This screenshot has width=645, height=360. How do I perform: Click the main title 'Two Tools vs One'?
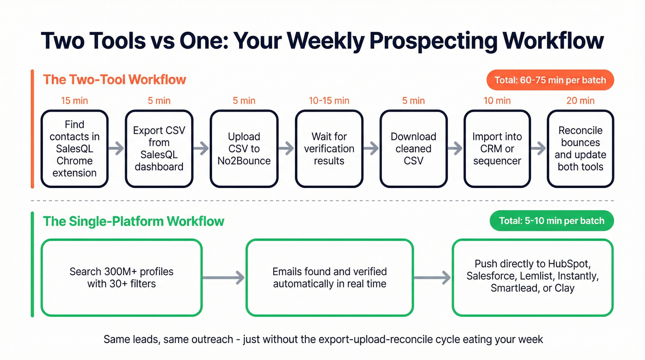click(x=322, y=41)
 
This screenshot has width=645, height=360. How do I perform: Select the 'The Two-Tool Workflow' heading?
click(x=114, y=79)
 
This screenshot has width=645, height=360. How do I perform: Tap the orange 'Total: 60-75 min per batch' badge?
click(x=550, y=80)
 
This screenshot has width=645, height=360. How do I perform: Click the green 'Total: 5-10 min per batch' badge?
click(x=551, y=221)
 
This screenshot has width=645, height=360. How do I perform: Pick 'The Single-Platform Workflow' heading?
click(x=134, y=221)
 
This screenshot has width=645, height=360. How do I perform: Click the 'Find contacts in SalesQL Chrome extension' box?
click(x=75, y=148)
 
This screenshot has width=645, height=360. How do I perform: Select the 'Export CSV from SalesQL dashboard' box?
click(x=159, y=148)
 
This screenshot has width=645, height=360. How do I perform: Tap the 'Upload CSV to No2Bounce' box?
click(x=244, y=148)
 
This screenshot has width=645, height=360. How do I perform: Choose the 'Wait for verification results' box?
click(x=329, y=148)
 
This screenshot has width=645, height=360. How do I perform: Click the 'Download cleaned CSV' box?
click(x=413, y=148)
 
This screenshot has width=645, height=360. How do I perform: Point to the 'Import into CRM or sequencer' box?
click(x=497, y=148)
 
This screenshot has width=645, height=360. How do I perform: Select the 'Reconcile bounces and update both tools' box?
click(x=580, y=148)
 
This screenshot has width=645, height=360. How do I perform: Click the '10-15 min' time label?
click(x=329, y=100)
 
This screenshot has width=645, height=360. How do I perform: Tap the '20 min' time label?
click(x=580, y=100)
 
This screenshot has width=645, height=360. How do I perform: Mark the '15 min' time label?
click(x=75, y=100)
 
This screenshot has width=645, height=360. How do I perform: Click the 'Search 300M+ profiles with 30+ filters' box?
click(x=122, y=277)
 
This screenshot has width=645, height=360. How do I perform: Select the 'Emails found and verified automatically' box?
click(x=329, y=277)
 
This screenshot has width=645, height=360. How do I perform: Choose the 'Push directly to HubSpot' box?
click(x=533, y=277)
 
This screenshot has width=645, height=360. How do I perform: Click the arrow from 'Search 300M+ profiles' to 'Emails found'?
click(x=224, y=277)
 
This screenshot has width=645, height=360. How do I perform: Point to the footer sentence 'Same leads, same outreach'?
click(x=323, y=340)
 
